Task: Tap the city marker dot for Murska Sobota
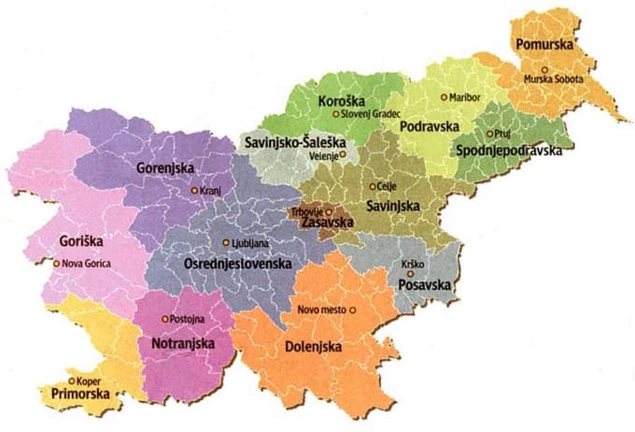544,69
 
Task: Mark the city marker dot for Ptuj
488,134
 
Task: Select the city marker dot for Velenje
342,154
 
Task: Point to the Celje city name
388,186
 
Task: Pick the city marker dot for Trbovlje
328,212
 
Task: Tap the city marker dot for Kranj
194,190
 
